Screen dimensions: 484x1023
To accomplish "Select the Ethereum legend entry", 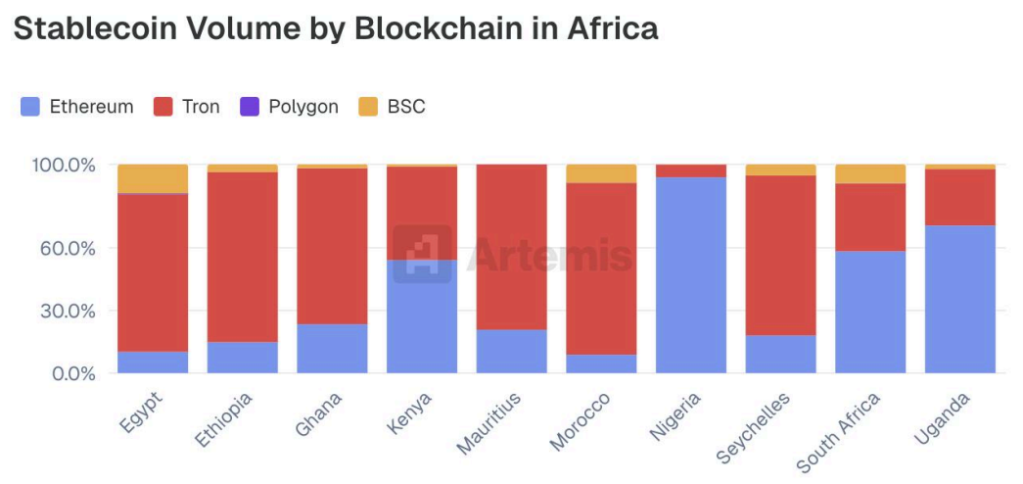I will point(78,107).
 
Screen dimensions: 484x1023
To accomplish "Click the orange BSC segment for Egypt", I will point(153,178).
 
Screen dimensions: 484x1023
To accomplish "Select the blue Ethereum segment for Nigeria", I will point(691,274).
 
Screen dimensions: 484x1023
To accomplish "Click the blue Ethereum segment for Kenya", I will point(422,315).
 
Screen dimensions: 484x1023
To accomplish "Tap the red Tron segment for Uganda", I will point(960,197).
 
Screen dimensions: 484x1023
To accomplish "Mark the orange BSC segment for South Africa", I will point(870,173).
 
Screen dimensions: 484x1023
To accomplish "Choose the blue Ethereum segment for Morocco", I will point(601,363).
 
